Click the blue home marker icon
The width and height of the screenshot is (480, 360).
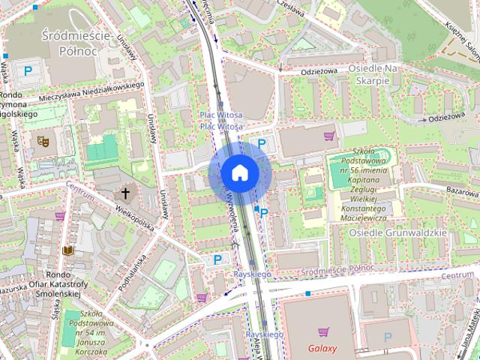[x=240, y=172]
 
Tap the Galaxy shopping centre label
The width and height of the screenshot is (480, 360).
[x=322, y=348]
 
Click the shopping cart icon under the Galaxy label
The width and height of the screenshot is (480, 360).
[x=322, y=331]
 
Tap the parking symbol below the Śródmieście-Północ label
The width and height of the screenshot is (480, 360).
[x=28, y=71]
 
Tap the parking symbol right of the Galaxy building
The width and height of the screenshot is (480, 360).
[x=388, y=337]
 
